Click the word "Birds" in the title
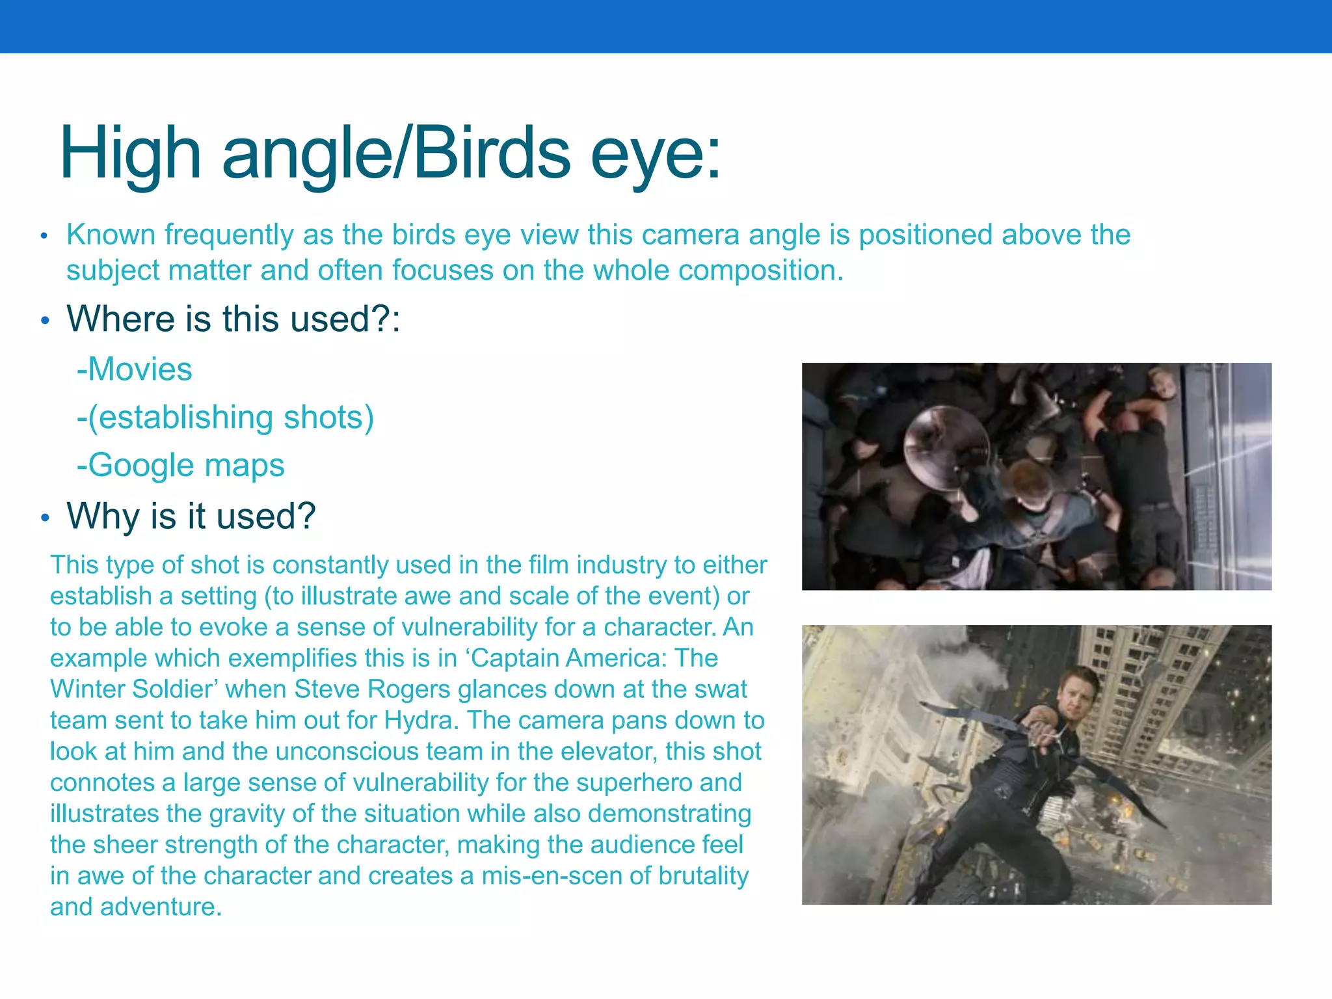tap(492, 153)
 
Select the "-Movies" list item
tap(135, 369)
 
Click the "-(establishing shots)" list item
tap(225, 418)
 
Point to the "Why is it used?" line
tap(191, 516)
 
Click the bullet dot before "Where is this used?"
tap(45, 321)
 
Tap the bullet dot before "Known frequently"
tap(44, 236)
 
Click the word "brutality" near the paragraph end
tap(703, 876)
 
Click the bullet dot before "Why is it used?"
tap(45, 518)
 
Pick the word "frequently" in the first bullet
tap(230, 235)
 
